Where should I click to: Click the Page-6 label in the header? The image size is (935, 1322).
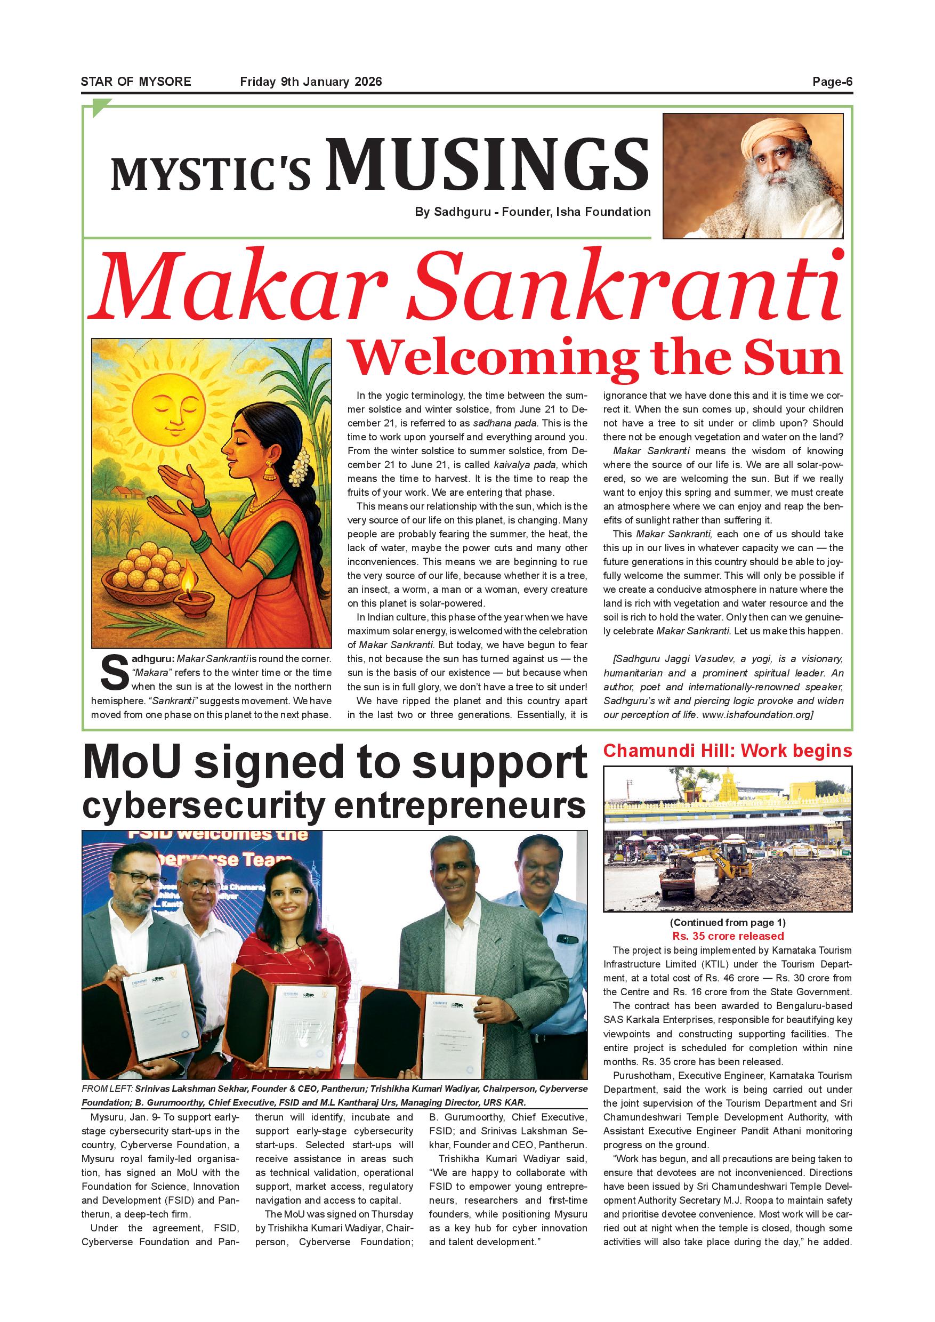(832, 82)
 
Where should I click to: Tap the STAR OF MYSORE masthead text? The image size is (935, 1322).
(136, 82)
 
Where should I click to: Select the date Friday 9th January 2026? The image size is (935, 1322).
(311, 82)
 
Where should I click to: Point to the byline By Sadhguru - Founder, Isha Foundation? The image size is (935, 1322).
(533, 212)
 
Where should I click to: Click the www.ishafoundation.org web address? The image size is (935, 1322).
(756, 714)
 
